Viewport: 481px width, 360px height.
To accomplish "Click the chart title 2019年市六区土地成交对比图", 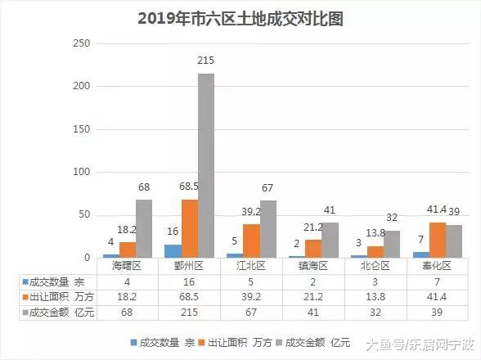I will pos(240,18).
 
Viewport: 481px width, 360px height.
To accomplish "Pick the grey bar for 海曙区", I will pos(144,229).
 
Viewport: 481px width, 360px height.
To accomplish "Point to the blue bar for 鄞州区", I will pos(172,251).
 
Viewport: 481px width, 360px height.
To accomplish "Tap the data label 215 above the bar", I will pos(206,61).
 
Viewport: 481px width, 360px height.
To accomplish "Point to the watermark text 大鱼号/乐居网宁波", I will pos(419,345).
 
